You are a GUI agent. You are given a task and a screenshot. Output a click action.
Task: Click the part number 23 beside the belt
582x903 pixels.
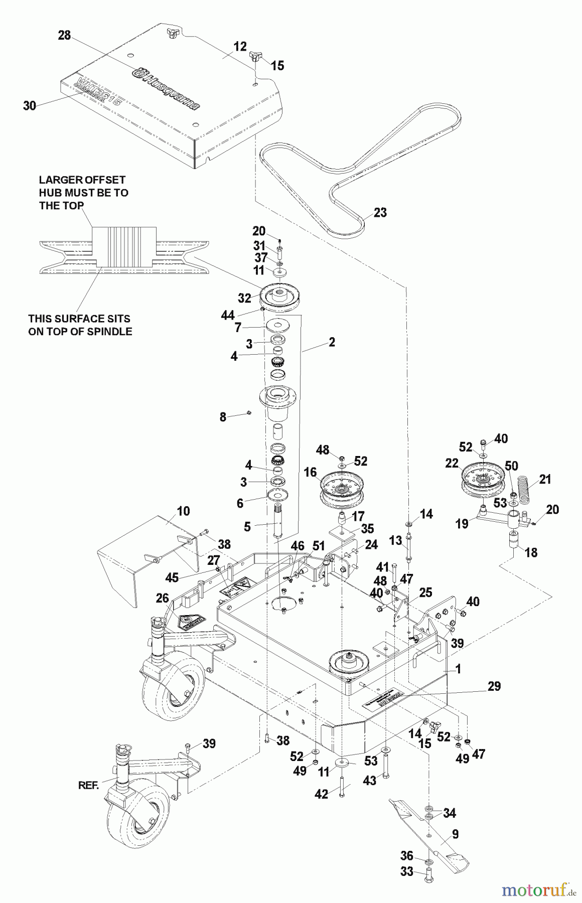[x=380, y=212]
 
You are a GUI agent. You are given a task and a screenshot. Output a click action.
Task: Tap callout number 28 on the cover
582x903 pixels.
[x=64, y=35]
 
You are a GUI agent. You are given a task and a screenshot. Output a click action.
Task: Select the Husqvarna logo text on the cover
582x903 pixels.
[x=166, y=90]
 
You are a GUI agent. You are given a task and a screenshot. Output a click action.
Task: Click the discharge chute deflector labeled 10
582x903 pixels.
[x=128, y=557]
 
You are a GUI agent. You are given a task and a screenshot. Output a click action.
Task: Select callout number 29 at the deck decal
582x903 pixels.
[x=494, y=686]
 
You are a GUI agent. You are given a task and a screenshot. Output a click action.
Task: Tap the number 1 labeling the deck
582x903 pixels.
[x=457, y=669]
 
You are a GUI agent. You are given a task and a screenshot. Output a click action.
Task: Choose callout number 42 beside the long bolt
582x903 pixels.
[x=321, y=794]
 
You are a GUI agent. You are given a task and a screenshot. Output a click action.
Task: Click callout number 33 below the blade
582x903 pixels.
[x=406, y=872]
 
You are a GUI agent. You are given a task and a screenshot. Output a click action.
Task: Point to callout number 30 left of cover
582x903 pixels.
[x=30, y=106]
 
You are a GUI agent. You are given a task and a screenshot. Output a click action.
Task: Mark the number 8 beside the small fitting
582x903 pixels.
[x=223, y=416]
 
